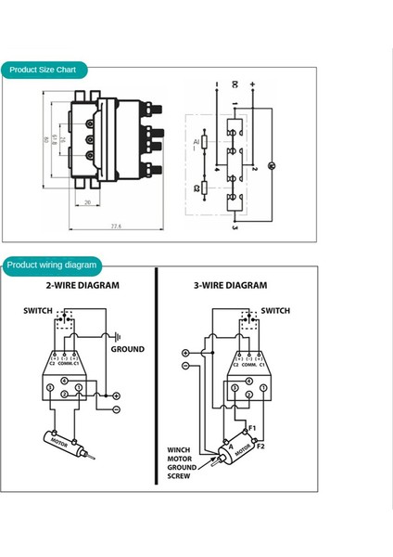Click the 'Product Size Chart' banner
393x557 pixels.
click(x=44, y=70)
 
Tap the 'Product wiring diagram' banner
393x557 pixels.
click(x=51, y=265)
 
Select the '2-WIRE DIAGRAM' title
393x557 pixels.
click(x=80, y=286)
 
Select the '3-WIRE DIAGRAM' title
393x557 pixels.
click(x=230, y=286)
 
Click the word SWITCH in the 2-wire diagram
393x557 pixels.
click(x=38, y=311)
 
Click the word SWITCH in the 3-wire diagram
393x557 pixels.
click(x=275, y=311)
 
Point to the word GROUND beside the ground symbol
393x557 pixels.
click(x=128, y=349)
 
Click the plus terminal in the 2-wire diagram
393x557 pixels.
click(x=117, y=396)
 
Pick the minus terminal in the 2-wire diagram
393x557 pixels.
click(x=117, y=409)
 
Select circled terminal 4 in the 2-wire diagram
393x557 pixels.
click(x=48, y=387)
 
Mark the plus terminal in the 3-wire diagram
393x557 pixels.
click(x=185, y=354)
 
